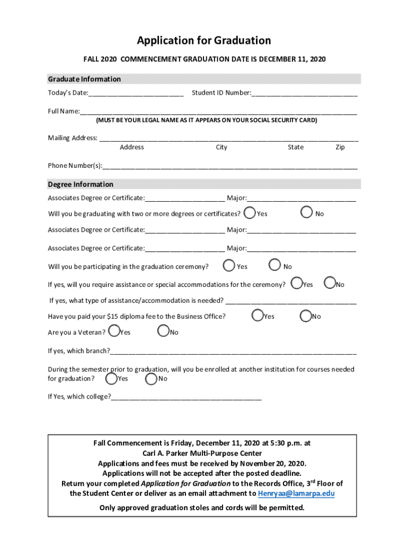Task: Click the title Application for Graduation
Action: (204, 41)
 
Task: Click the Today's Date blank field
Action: (136, 93)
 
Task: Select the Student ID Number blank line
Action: (304, 93)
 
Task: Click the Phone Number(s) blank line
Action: (230, 166)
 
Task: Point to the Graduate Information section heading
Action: (84, 79)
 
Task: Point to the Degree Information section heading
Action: (81, 184)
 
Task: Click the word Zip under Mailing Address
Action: (340, 147)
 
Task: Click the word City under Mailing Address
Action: (221, 147)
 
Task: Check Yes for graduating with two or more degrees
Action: (250, 213)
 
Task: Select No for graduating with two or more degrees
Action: (307, 213)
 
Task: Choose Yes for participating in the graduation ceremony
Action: (229, 265)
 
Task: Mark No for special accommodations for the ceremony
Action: (330, 284)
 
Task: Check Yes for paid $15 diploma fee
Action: (258, 315)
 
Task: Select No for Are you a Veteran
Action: (163, 331)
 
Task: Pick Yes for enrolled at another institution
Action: (111, 378)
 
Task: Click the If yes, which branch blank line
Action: (233, 351)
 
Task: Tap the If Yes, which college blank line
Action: (186, 397)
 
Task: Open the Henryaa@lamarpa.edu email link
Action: (296, 493)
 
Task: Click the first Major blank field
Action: (301, 198)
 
